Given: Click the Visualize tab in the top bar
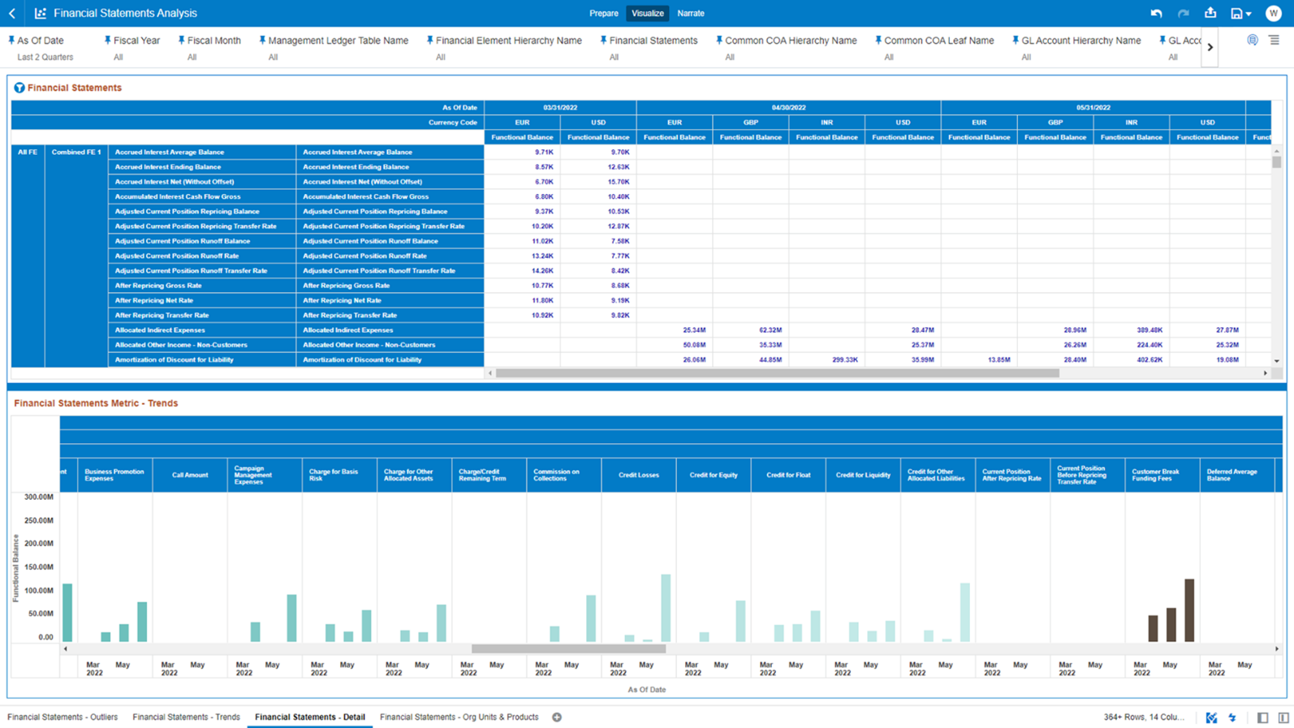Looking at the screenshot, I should click(647, 13).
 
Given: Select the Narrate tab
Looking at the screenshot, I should click(691, 13).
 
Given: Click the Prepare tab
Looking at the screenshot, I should click(603, 13).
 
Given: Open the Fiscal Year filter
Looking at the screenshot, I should click(136, 41).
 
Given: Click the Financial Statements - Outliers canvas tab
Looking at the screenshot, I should click(63, 717).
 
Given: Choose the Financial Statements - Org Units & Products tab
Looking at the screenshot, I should click(459, 717).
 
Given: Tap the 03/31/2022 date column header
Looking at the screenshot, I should click(560, 107).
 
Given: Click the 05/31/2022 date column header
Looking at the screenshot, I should click(1093, 107).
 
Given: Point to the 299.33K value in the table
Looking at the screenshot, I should click(844, 360).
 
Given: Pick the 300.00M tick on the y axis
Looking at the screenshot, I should click(39, 497).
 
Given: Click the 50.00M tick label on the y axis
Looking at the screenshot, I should click(41, 614).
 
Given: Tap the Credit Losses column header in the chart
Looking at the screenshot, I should click(639, 475).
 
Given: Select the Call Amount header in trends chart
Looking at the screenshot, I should click(190, 475).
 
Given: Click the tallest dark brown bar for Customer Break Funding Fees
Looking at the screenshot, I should click(1189, 610).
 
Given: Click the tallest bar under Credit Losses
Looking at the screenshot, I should click(666, 608).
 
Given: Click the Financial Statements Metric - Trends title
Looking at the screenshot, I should click(96, 403).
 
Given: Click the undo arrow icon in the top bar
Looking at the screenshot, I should click(1156, 13).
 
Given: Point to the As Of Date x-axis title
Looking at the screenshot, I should click(646, 690).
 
